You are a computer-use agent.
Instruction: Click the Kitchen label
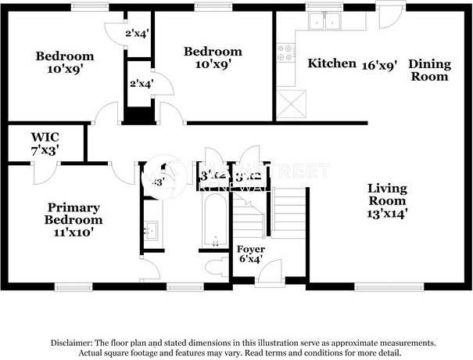(x=331, y=63)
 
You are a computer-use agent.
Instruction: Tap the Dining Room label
(x=429, y=70)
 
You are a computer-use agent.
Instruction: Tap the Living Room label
(x=387, y=194)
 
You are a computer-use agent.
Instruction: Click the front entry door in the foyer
(x=270, y=275)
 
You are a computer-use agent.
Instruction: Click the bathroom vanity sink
(x=151, y=230)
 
